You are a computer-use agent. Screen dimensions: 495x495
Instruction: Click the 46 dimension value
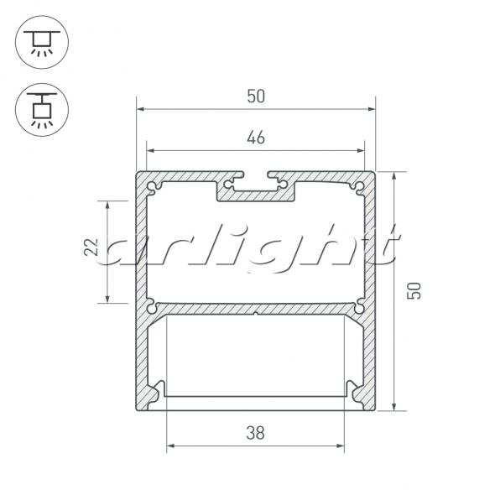[x=256, y=138]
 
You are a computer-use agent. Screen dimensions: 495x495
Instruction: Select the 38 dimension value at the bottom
[x=255, y=433]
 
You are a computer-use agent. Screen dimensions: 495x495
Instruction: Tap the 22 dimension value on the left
[x=91, y=247]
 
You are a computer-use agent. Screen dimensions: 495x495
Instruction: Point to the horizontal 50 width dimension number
[x=256, y=96]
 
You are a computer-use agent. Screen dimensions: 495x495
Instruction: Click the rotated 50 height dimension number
[x=414, y=290]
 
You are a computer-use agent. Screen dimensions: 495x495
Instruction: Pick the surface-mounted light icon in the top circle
[x=42, y=42]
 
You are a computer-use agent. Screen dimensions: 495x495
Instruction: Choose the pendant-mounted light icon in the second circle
[x=42, y=110]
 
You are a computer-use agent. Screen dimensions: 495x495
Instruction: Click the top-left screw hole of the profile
[x=153, y=186]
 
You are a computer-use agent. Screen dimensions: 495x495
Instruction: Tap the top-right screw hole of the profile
[x=359, y=186]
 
